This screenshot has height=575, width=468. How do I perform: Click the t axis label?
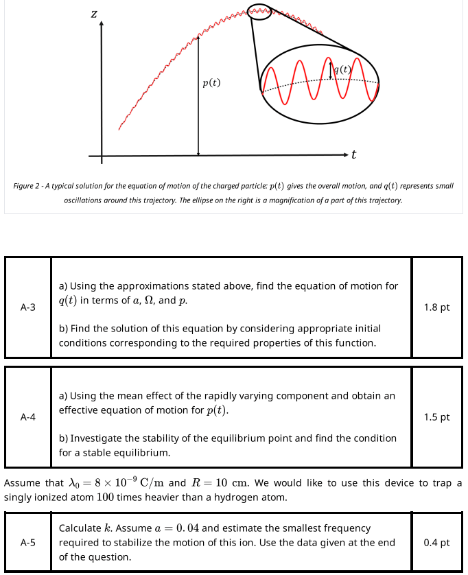(x=353, y=155)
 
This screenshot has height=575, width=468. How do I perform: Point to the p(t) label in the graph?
(x=212, y=83)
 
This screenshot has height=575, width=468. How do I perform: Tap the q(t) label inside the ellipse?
(x=341, y=69)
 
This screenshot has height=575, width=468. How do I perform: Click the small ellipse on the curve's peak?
(x=259, y=12)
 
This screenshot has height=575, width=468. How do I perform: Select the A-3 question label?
(x=28, y=307)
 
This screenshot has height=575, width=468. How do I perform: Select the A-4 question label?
(x=28, y=416)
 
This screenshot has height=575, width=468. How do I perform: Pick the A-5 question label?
(x=28, y=542)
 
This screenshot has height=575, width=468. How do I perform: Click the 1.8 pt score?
(x=437, y=307)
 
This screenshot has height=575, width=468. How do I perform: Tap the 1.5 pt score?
(x=437, y=416)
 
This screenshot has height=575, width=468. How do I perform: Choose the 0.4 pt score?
(x=437, y=542)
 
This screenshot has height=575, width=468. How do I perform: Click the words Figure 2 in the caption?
(x=30, y=186)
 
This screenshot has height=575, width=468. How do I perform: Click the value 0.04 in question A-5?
(x=187, y=528)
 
